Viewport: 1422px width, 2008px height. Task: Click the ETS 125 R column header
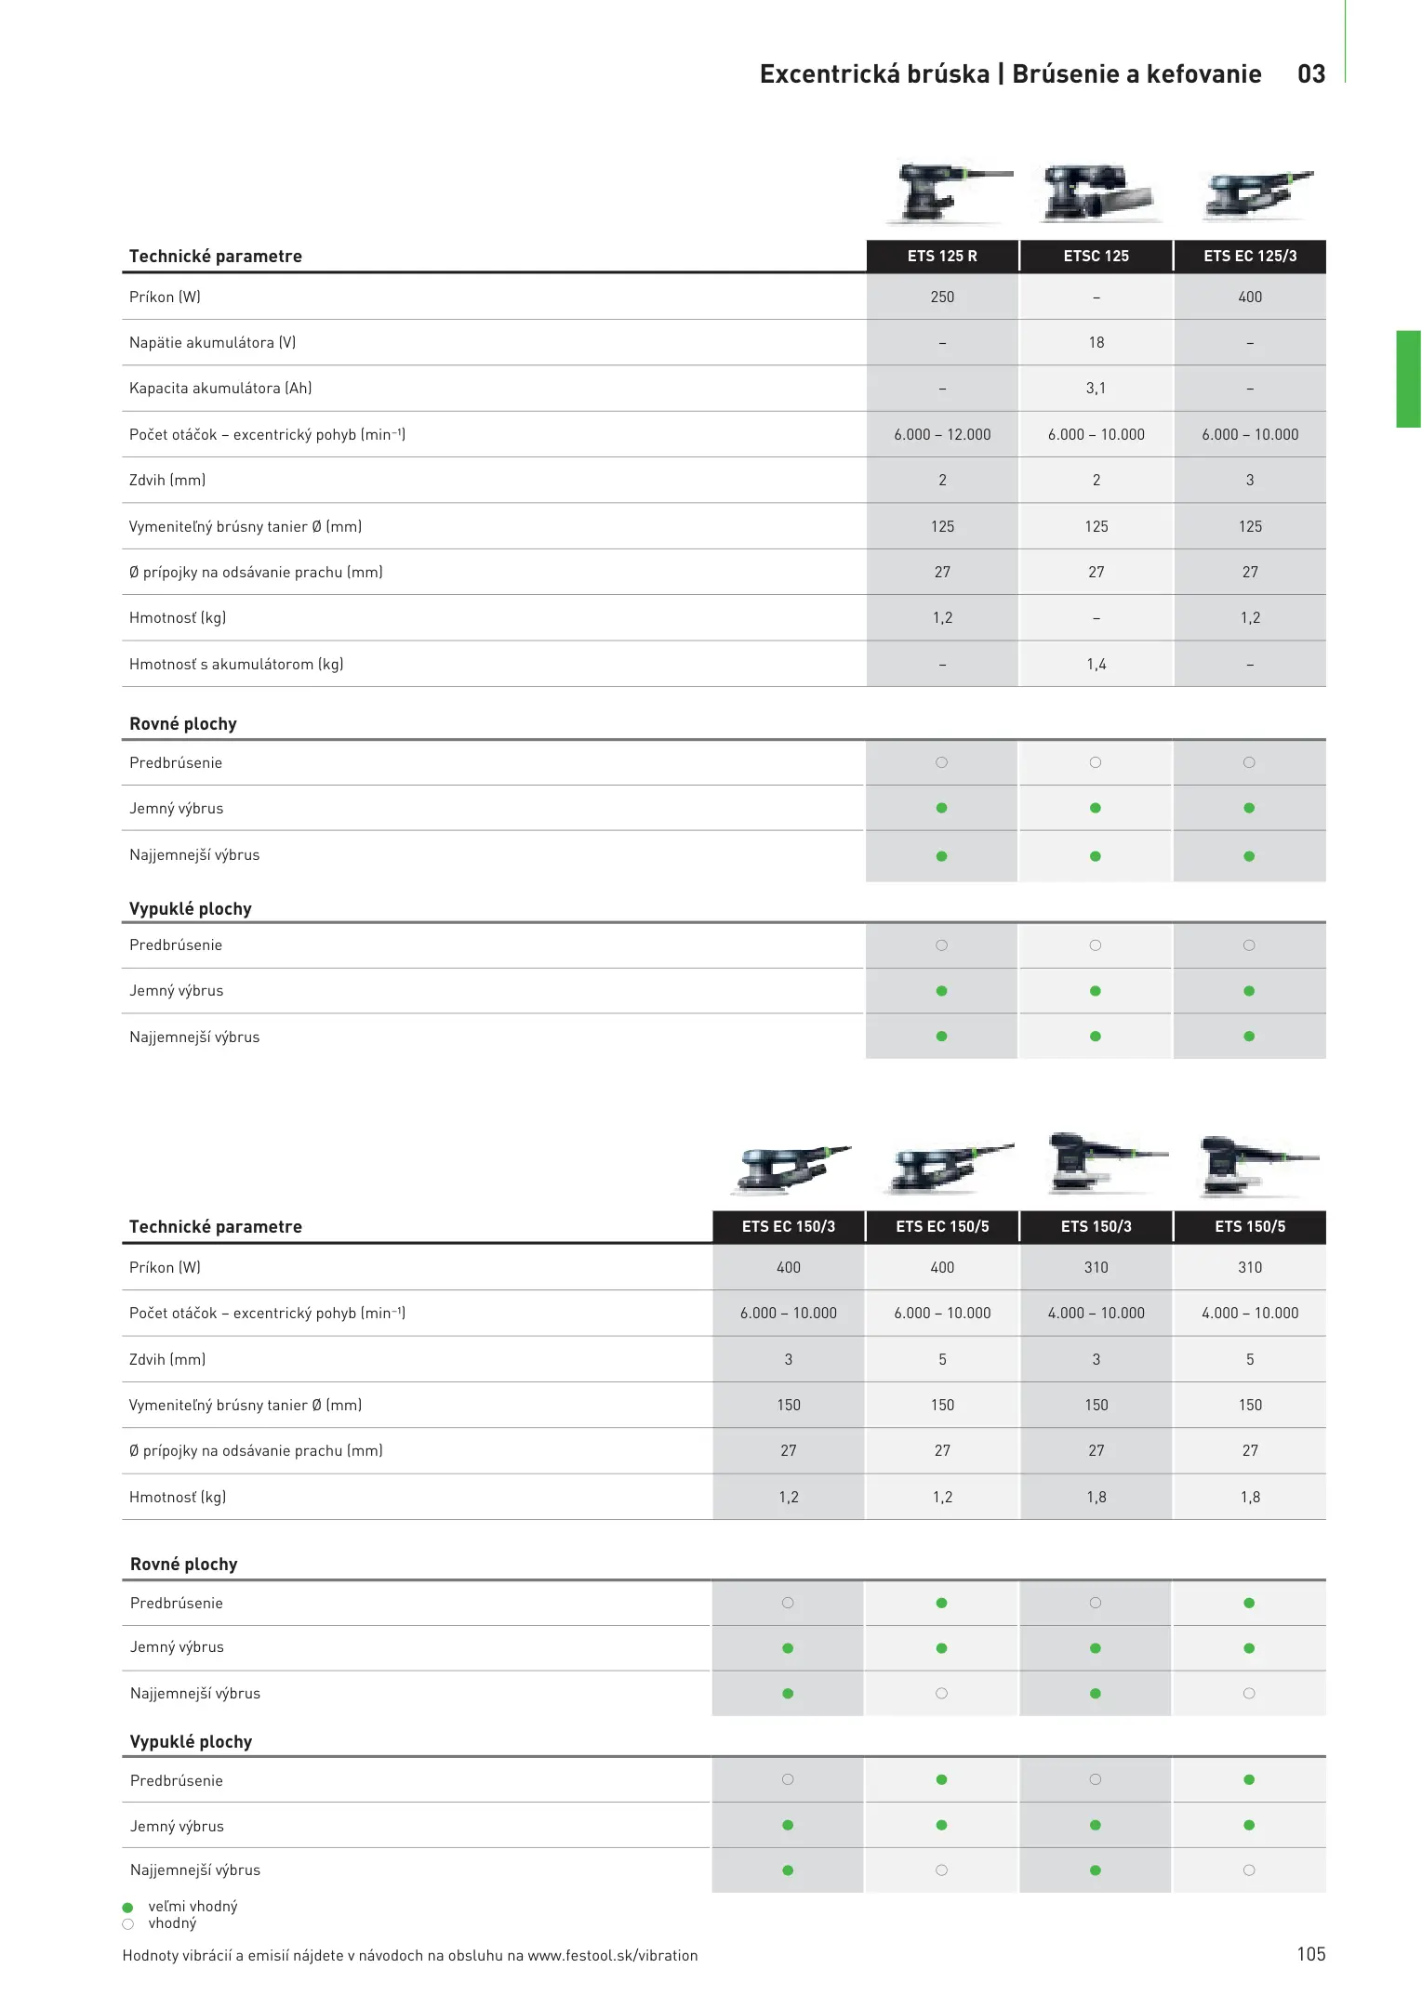pos(942,256)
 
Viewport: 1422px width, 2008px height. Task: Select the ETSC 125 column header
pos(1096,256)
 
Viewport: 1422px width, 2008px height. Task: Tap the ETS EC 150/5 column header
pos(942,1226)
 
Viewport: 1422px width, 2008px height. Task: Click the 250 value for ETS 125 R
pos(942,297)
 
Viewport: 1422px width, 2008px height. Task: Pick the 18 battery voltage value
pos(1096,342)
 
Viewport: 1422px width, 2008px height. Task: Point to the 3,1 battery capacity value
pos(1096,388)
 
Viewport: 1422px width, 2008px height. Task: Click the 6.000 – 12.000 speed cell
pos(942,434)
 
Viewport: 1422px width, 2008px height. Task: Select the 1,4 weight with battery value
pos(1096,664)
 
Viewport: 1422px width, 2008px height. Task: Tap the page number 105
pos(1310,1954)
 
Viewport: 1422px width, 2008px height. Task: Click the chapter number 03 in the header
pos(1311,74)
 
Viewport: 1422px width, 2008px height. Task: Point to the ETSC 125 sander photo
pos(1096,192)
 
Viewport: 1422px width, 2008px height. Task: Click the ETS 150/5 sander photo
pos(1251,1164)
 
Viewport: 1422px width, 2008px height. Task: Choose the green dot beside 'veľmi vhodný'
pos(128,1907)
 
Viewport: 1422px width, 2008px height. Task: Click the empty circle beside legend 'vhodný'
pos(128,1923)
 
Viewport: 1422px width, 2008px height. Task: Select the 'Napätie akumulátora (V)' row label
pos(212,342)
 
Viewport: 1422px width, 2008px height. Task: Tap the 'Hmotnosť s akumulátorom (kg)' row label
pos(236,664)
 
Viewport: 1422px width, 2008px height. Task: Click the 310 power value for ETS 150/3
pos(1096,1267)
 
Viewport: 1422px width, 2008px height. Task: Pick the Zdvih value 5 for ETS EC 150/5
pos(942,1359)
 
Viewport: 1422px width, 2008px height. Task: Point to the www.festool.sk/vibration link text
pos(612,1955)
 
